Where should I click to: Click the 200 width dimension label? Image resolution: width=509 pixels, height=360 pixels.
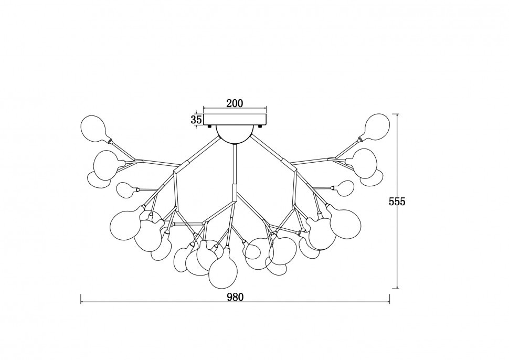[x=235, y=103]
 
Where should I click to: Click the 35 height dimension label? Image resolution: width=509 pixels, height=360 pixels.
[x=197, y=120]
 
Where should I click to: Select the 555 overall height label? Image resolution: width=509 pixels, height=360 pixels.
[x=397, y=202]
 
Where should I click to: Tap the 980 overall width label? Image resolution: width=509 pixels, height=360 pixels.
[x=235, y=297]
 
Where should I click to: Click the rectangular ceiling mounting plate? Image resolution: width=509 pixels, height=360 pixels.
[x=235, y=120]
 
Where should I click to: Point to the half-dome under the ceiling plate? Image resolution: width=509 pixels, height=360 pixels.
[x=235, y=134]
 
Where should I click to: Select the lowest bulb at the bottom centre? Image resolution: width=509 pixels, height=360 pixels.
[x=223, y=268]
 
